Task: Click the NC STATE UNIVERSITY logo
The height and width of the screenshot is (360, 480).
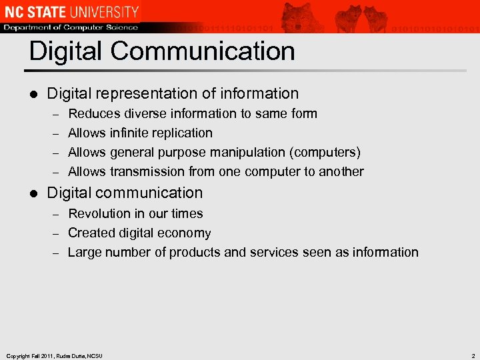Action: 71,11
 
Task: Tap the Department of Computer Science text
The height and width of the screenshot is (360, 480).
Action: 71,27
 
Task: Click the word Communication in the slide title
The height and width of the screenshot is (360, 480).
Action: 206,51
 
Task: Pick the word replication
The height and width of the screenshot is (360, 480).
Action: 184,133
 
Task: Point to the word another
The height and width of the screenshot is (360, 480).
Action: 340,171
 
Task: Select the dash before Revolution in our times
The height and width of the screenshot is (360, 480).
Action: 55,214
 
